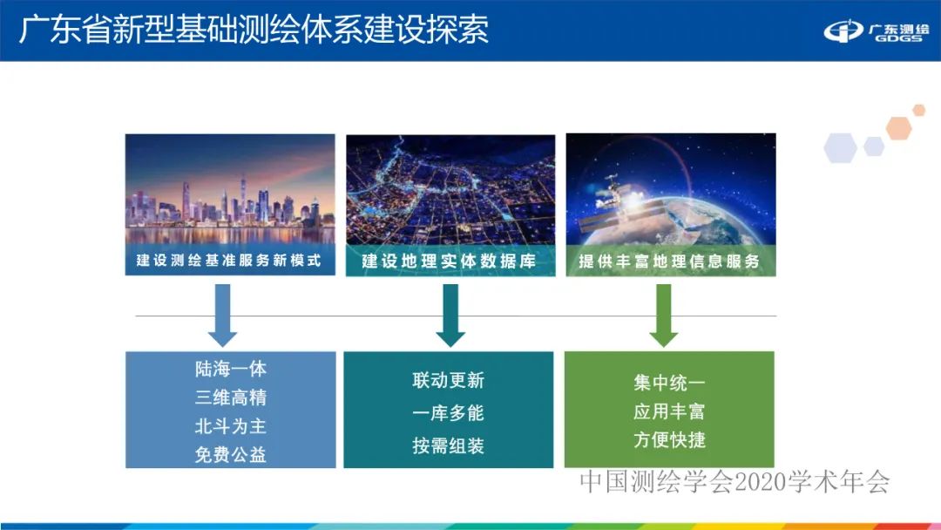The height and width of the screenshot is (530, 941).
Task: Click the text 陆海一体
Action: coord(230,369)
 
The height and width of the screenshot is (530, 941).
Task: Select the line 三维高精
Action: coord(230,397)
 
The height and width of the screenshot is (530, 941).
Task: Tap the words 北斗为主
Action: coord(230,426)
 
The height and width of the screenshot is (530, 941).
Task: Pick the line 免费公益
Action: coord(230,454)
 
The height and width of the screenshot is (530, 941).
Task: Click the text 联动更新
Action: coord(448,381)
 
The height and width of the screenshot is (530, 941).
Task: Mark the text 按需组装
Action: coord(448,445)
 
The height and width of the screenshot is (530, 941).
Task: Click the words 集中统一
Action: coord(669,383)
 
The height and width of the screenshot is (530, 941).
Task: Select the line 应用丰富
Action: coord(669,411)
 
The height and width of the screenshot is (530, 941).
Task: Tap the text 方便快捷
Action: coord(669,440)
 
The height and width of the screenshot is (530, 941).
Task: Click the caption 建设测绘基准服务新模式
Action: coord(229,260)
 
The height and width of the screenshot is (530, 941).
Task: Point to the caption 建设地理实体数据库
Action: coord(449,261)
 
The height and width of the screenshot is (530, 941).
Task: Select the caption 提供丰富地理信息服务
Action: coord(669,261)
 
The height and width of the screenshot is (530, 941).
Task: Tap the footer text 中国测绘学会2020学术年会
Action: coord(735,481)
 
